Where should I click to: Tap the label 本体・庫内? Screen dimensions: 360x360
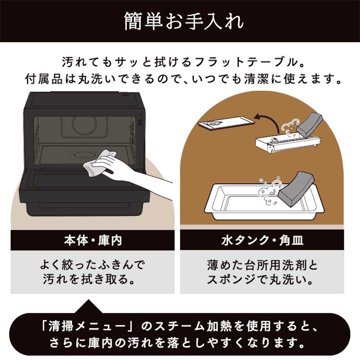coord(93,240)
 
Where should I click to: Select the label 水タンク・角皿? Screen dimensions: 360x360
coord(262,240)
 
